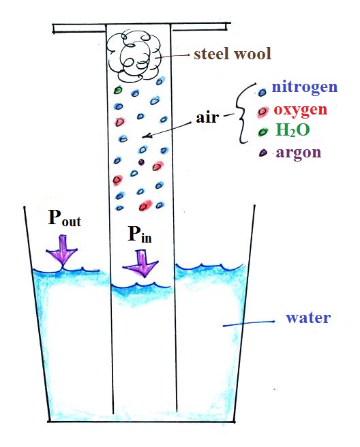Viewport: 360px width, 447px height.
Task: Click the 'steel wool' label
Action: [232, 54]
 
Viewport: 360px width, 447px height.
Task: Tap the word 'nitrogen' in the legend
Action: [304, 87]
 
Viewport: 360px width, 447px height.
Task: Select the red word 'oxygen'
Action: [300, 110]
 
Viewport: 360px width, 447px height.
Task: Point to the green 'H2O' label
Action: [292, 129]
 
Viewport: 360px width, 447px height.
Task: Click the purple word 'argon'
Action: [299, 153]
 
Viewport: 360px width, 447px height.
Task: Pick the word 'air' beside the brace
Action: [207, 117]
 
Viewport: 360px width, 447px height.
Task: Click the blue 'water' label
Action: [308, 318]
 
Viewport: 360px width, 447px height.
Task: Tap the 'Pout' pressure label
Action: [65, 218]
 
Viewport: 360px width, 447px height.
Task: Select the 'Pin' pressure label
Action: [140, 234]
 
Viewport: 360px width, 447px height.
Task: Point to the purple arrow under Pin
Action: [140, 263]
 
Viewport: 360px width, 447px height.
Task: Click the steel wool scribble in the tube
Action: [133, 57]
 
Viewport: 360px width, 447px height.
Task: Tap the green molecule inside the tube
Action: [118, 91]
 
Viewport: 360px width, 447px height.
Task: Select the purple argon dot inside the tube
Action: [141, 162]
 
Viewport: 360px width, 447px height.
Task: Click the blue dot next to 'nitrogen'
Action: [262, 92]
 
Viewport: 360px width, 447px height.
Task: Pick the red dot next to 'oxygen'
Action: [262, 112]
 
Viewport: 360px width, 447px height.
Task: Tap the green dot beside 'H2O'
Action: [263, 132]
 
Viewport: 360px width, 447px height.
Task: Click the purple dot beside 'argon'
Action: [262, 153]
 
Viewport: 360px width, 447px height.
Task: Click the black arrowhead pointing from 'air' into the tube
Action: [146, 136]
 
